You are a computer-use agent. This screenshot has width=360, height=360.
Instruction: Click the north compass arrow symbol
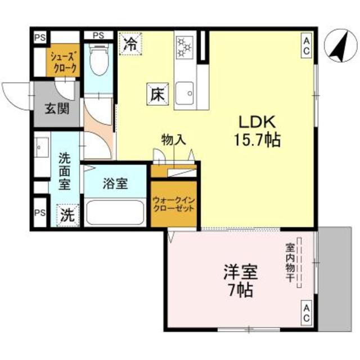tap(336, 47)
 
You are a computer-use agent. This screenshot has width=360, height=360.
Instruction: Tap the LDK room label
tap(257, 122)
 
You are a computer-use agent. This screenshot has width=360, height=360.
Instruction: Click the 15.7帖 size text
tap(258, 139)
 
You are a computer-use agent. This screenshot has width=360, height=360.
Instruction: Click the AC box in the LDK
tap(307, 45)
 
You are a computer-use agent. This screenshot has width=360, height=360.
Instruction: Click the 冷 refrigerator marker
tap(130, 43)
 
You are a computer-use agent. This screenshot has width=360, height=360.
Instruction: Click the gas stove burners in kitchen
tap(183, 48)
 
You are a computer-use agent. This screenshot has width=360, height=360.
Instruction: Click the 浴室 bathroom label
tap(115, 183)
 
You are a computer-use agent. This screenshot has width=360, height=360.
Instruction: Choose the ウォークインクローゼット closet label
tap(174, 203)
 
